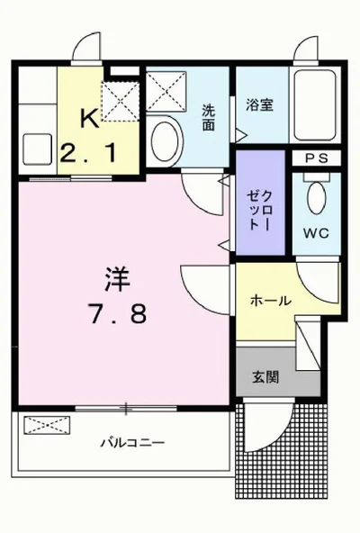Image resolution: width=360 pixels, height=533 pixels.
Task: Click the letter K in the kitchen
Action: pos(88,118)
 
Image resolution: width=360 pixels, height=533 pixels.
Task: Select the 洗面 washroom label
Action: pos(208,118)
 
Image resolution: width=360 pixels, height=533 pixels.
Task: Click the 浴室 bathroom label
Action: pos(260,105)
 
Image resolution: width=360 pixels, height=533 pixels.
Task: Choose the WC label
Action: pos(315,232)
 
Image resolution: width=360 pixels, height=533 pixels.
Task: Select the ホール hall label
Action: pos(270,301)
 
